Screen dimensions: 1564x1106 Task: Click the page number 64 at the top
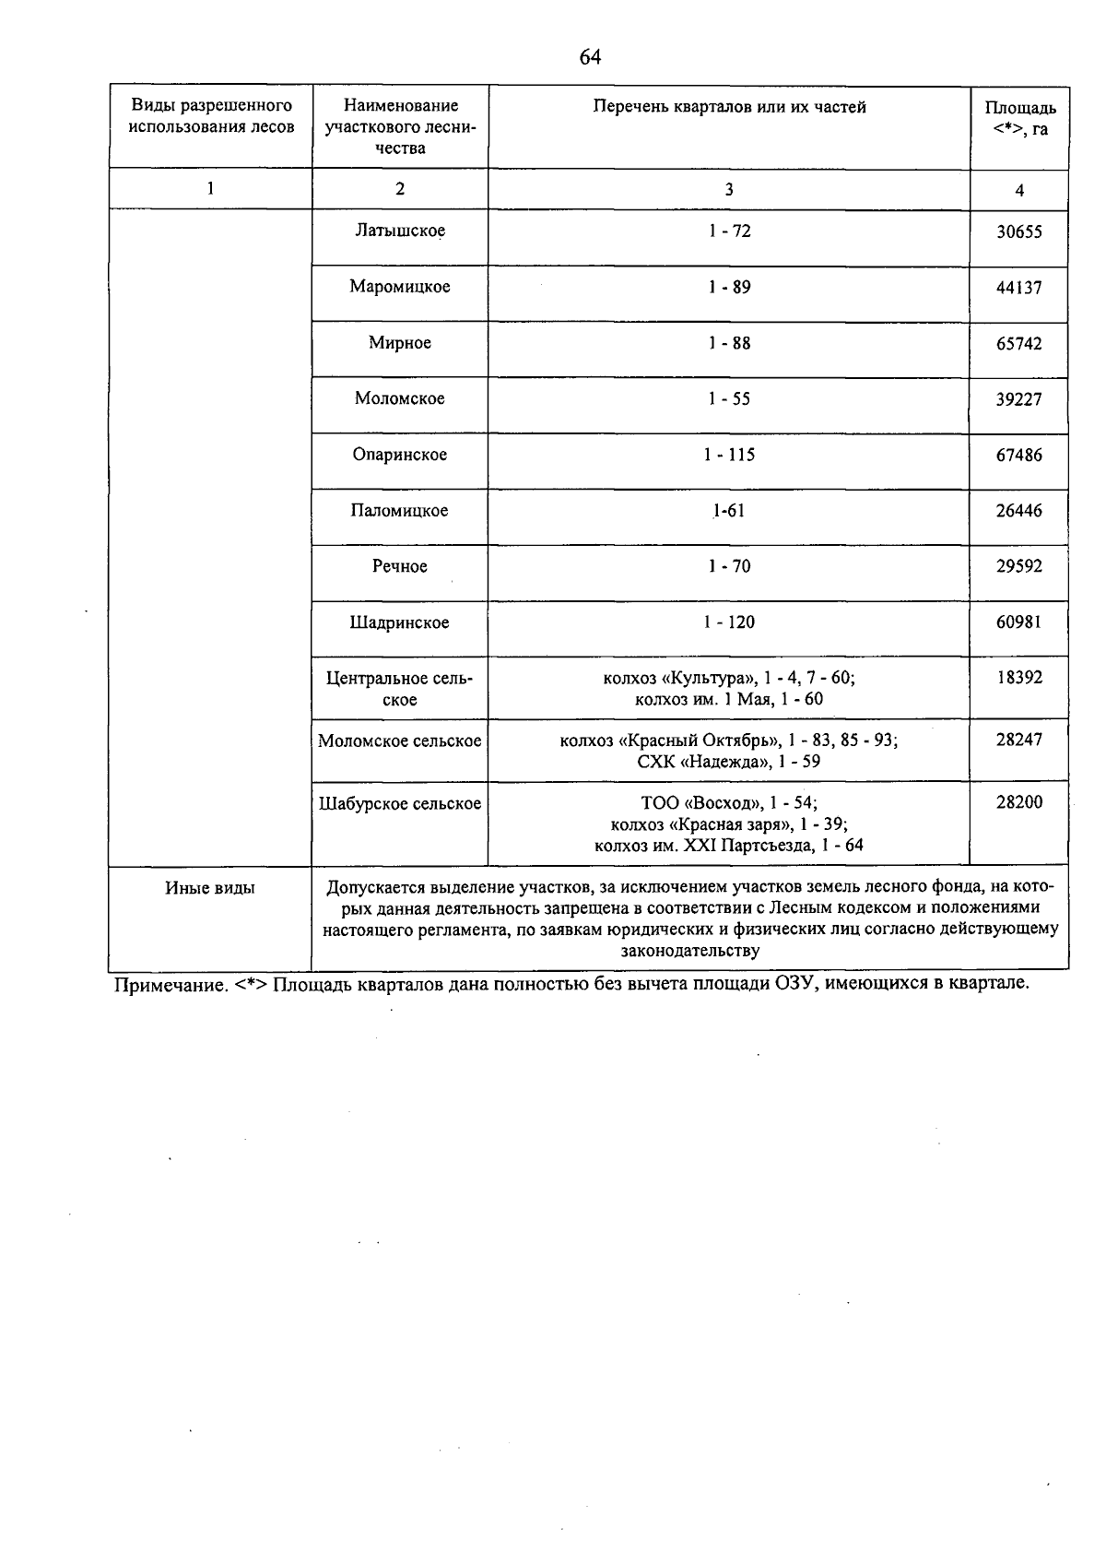tap(590, 57)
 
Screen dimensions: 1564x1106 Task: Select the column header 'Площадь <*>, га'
tap(1019, 119)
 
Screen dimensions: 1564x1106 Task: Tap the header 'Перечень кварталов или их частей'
tap(729, 107)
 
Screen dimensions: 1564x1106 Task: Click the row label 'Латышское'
tap(400, 231)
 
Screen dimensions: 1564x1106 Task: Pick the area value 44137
tap(1019, 288)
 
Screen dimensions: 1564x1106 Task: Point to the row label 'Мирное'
tap(400, 343)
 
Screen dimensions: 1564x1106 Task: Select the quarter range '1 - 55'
tap(729, 399)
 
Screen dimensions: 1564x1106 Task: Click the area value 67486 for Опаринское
tap(1019, 456)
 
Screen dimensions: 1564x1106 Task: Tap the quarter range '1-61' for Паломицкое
tap(728, 511)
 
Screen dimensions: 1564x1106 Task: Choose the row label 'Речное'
tap(400, 567)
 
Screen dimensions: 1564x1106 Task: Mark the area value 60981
tap(1019, 623)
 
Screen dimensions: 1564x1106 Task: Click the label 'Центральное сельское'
tap(400, 689)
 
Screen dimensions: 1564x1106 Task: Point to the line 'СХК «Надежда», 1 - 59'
tap(728, 762)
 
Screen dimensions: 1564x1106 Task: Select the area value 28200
tap(1019, 802)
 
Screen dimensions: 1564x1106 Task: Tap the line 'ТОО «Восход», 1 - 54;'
tap(728, 803)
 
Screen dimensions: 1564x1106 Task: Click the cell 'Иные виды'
tap(210, 889)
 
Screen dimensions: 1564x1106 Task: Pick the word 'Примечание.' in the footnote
tap(169, 985)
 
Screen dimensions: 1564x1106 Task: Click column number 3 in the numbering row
tap(729, 190)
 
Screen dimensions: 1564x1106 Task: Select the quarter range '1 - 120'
tap(729, 623)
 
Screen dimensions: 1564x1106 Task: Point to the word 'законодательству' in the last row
tap(690, 951)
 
